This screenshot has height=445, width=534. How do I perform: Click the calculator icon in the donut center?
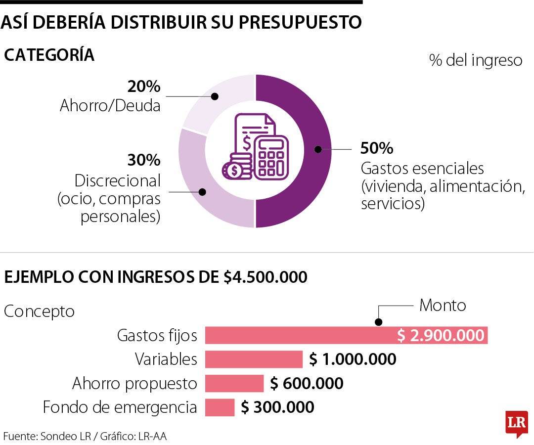pos(270,157)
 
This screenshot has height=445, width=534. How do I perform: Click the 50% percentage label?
pos(376,148)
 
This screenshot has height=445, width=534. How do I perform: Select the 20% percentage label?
pos(144,87)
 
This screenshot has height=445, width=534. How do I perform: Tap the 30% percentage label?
pos(144,160)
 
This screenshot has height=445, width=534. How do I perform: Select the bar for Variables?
pos(254,359)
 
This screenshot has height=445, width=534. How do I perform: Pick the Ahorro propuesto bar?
pos(234,383)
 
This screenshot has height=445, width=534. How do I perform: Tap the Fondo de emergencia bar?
pos(220,407)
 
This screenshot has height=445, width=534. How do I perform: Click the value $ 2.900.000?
pos(441,335)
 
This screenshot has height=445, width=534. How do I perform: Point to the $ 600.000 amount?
pos(307,383)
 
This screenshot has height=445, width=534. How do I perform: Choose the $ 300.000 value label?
pos(277,407)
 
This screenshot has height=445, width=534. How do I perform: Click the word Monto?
pos(443,305)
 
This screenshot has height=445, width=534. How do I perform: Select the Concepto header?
pos(39,311)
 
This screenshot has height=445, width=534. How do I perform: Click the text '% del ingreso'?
pos(476,60)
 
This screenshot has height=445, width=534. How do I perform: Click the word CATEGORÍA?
pos(49,55)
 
